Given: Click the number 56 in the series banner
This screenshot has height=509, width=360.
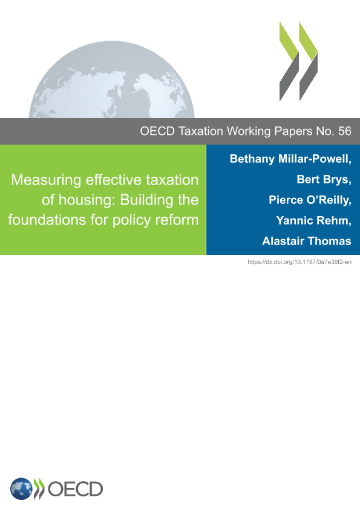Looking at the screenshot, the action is pos(344,131).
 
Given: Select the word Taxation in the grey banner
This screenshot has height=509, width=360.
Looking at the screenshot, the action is pos(201,131).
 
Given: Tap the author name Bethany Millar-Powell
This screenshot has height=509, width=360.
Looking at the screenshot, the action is pos(290,159).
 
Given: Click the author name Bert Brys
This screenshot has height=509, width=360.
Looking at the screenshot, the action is pos(324,180).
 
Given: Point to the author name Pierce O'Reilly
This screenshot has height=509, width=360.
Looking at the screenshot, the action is pos(310,200).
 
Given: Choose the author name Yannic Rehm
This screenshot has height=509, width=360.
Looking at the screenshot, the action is pos(313,221).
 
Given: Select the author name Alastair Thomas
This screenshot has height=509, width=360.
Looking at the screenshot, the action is pos(307,241).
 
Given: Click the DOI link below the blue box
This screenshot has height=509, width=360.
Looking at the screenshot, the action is pos(299,262).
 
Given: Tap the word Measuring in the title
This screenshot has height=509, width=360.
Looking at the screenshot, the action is pos(46,180).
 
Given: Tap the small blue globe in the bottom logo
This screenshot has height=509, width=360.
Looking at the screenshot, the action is pos(21,488).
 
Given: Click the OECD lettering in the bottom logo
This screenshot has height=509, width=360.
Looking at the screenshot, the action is pos(75,489).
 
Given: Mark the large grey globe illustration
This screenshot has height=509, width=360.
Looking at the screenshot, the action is pos(112,79).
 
